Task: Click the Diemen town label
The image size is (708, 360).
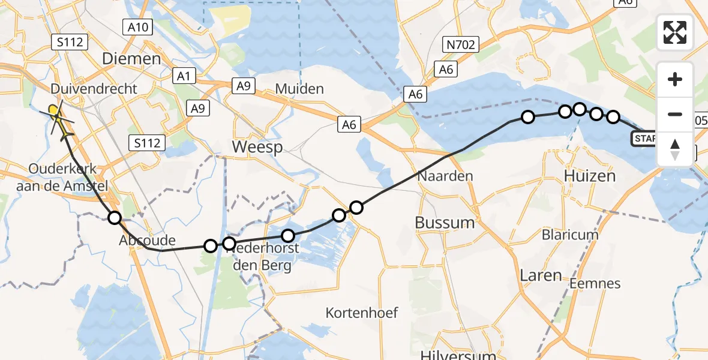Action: coord(132,59)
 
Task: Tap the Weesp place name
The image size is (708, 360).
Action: coord(257,147)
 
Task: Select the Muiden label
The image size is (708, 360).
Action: coord(299,89)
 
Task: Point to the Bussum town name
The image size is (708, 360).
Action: coord(445,223)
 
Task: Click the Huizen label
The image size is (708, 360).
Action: coord(590,176)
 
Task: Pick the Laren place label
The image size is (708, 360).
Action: coord(541,275)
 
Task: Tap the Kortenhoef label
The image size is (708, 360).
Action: coord(362,313)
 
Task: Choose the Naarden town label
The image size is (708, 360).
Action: coord(445,176)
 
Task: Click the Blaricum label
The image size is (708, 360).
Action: coord(570,235)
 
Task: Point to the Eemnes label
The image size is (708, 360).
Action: coord(595,283)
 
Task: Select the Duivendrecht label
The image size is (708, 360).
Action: coord(94,89)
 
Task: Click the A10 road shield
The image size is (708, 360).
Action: coord(138,26)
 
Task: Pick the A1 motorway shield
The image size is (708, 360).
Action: coord(184,76)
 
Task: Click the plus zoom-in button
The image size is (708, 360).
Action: coord(675,79)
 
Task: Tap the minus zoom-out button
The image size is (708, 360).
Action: coord(675,114)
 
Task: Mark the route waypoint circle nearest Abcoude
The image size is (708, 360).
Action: coord(114,218)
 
